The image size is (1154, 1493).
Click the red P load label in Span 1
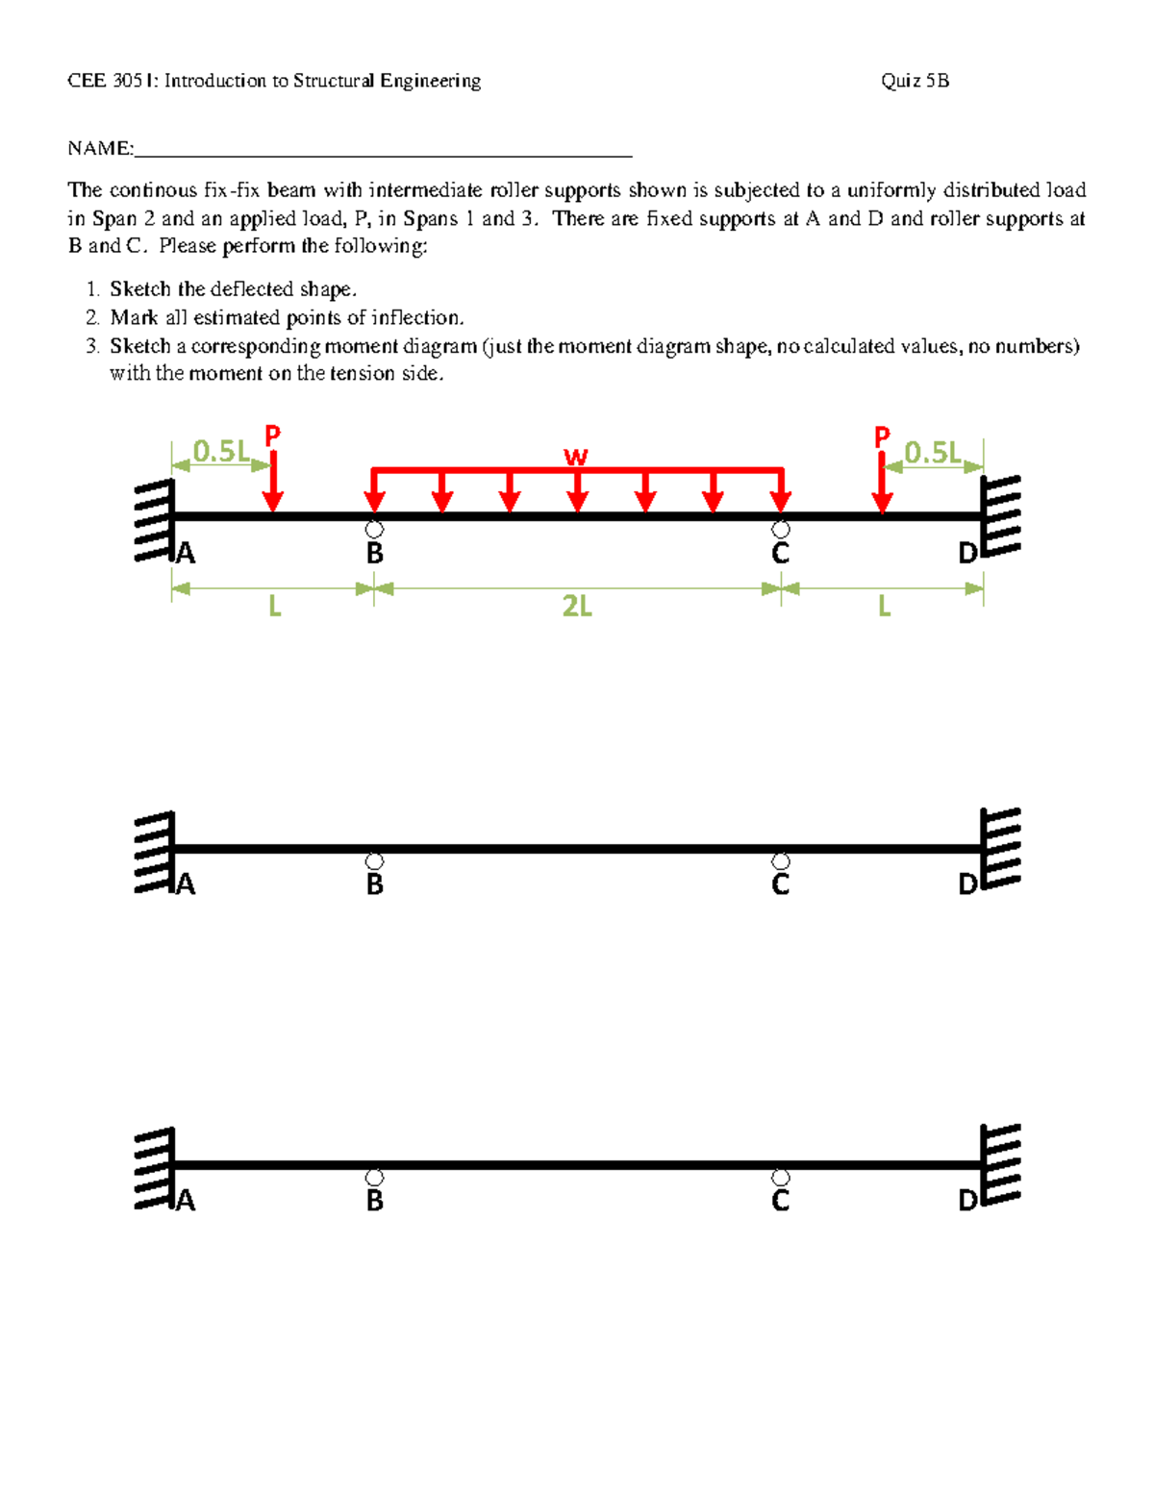click(x=273, y=435)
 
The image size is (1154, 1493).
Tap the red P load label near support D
click(x=882, y=438)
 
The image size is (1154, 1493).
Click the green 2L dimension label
click(x=577, y=607)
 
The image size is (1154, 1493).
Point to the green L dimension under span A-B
click(x=274, y=607)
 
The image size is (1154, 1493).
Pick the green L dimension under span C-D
click(x=884, y=607)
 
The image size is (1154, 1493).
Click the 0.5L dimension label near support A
click(x=220, y=451)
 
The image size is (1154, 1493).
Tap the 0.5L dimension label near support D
click(x=932, y=452)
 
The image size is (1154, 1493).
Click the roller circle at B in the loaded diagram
click(x=374, y=530)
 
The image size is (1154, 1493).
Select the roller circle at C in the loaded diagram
click(x=781, y=530)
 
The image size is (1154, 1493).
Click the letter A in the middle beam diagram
click(x=186, y=884)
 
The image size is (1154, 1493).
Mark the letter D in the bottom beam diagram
click(x=967, y=1201)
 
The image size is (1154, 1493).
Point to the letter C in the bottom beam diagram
click(x=781, y=1201)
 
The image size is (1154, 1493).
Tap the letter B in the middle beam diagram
click(x=375, y=884)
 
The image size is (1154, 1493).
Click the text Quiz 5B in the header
click(x=915, y=81)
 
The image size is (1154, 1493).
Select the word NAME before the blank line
click(x=99, y=148)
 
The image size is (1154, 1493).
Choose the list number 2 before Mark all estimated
click(x=91, y=317)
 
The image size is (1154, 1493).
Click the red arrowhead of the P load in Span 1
click(x=273, y=502)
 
